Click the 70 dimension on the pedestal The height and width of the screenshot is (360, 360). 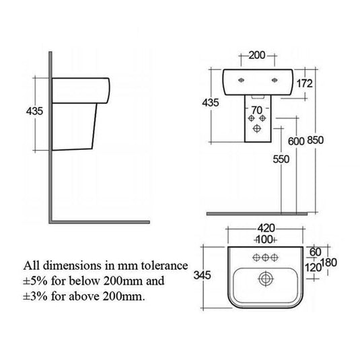[x=256, y=108]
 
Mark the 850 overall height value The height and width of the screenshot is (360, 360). [x=316, y=141]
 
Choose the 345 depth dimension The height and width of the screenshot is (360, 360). [x=206, y=275]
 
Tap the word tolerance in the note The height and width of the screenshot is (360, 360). [x=162, y=265]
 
